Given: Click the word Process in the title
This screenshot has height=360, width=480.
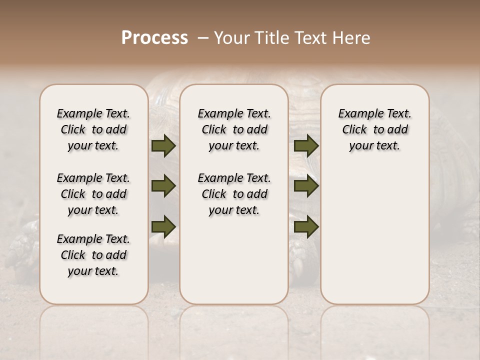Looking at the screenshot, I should [154, 37].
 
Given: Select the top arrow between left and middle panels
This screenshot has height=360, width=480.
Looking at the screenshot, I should [163, 146].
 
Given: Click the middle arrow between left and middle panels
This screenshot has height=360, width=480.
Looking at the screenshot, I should [163, 186].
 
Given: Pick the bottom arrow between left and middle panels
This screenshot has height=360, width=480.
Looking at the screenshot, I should [163, 226].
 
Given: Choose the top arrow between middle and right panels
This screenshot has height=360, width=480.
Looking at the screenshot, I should [306, 146].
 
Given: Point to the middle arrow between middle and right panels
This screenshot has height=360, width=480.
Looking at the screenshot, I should [306, 186].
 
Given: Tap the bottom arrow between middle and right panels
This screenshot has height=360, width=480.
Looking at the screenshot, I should [306, 226].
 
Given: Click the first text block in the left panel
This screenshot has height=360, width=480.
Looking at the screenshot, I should [93, 129].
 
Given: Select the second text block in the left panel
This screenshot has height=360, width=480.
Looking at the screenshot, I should [93, 194].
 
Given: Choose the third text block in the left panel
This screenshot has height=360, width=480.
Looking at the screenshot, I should [93, 255].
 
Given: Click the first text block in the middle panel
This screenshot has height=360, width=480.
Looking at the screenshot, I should [234, 129].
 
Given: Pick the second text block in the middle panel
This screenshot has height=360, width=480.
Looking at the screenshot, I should [234, 194].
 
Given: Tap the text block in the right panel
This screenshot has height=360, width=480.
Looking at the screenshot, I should [374, 129].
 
